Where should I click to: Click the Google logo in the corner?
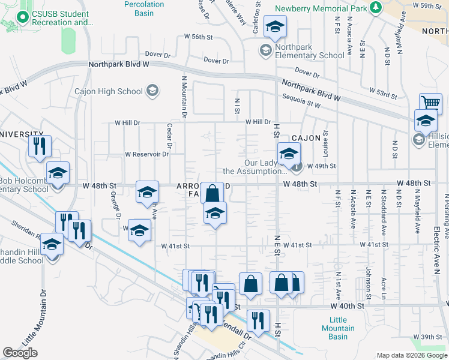click(20, 353)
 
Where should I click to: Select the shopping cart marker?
click(430, 103)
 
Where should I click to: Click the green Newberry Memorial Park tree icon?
click(376, 7)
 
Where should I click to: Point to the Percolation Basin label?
click(143, 8)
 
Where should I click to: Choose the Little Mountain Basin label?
click(338, 328)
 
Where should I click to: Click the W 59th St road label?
click(427, 5)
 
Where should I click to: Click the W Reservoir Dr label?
click(146, 154)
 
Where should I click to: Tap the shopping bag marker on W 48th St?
click(212, 193)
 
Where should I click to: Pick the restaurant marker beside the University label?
click(40, 146)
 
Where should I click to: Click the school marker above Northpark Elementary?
click(276, 26)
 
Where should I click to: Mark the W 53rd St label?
click(383, 96)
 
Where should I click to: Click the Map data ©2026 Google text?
click(411, 355)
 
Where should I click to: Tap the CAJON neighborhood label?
click(307, 138)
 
